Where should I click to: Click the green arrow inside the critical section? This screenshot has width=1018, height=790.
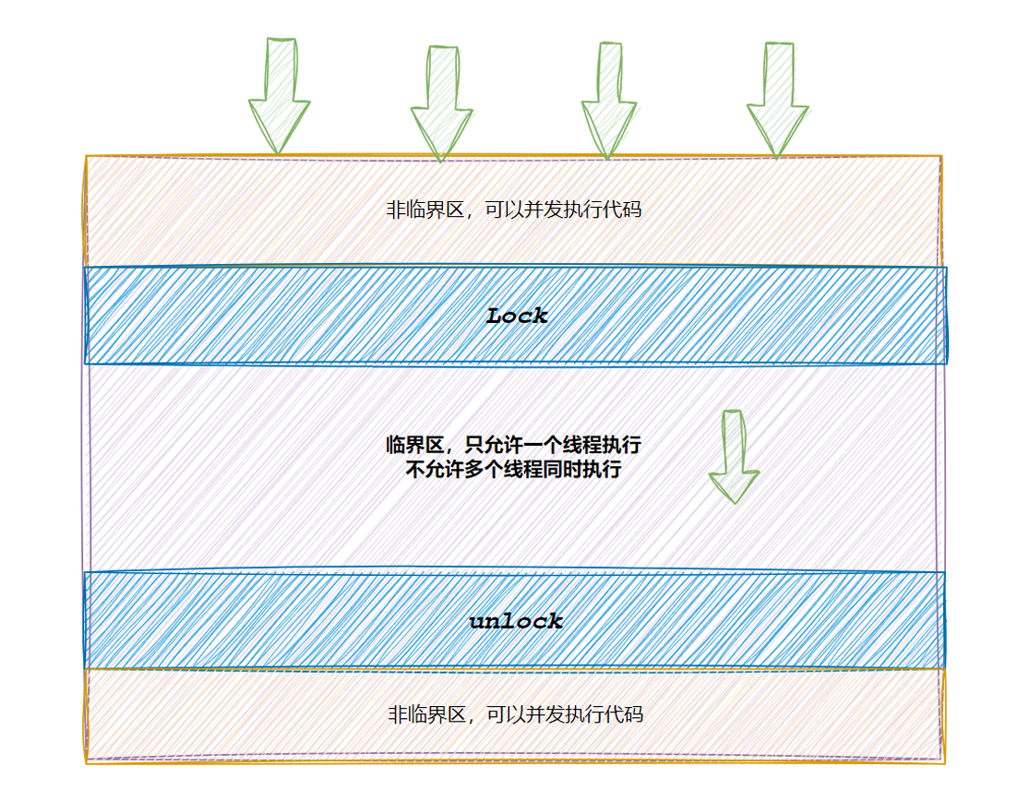pos(735,457)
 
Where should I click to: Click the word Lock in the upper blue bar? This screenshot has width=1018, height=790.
pos(517,316)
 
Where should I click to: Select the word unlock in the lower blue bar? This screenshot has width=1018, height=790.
pos(516,621)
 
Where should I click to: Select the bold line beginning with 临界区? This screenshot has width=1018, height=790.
pos(513,446)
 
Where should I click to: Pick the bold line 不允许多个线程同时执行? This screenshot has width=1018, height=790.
pos(513,470)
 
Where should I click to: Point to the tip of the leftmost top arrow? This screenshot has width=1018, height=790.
pos(276,152)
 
